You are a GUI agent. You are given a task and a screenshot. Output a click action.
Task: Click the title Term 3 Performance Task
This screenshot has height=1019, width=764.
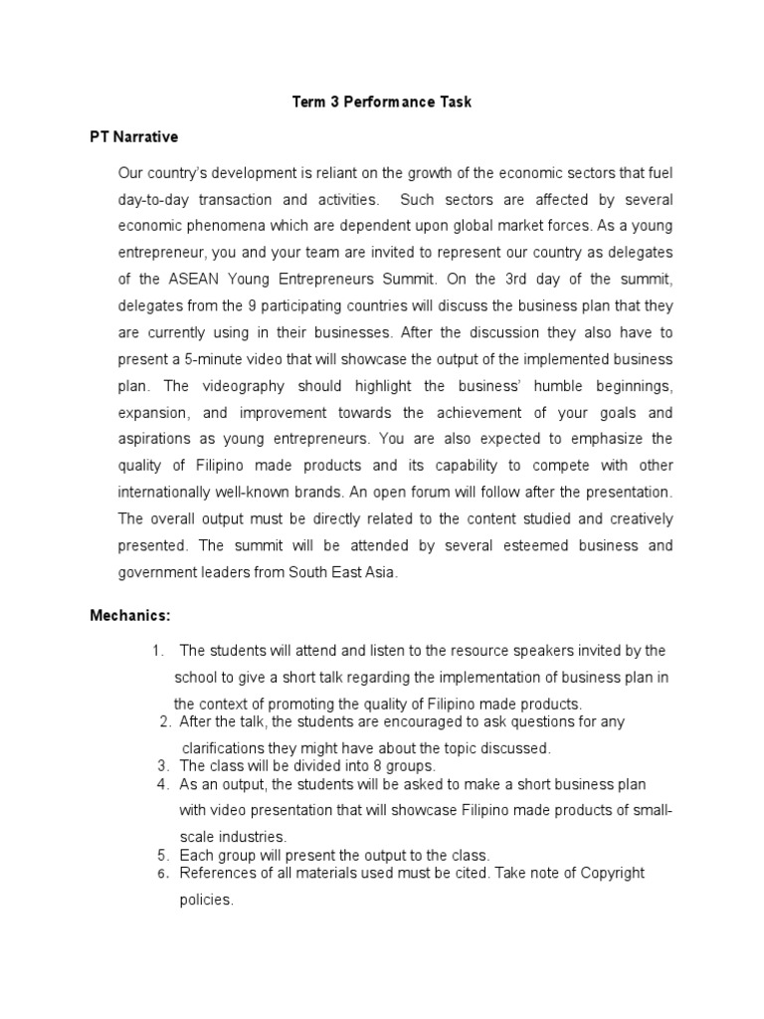[381, 102]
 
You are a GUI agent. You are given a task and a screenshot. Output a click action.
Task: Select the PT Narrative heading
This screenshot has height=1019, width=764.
[133, 136]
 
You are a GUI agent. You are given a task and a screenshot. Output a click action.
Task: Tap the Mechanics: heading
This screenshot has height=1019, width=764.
[130, 616]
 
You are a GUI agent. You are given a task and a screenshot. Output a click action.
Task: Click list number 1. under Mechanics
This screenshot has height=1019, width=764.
[158, 651]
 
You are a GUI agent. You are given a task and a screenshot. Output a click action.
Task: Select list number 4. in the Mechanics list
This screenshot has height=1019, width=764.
[163, 784]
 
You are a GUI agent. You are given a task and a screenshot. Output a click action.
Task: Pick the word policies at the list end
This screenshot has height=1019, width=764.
[204, 900]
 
